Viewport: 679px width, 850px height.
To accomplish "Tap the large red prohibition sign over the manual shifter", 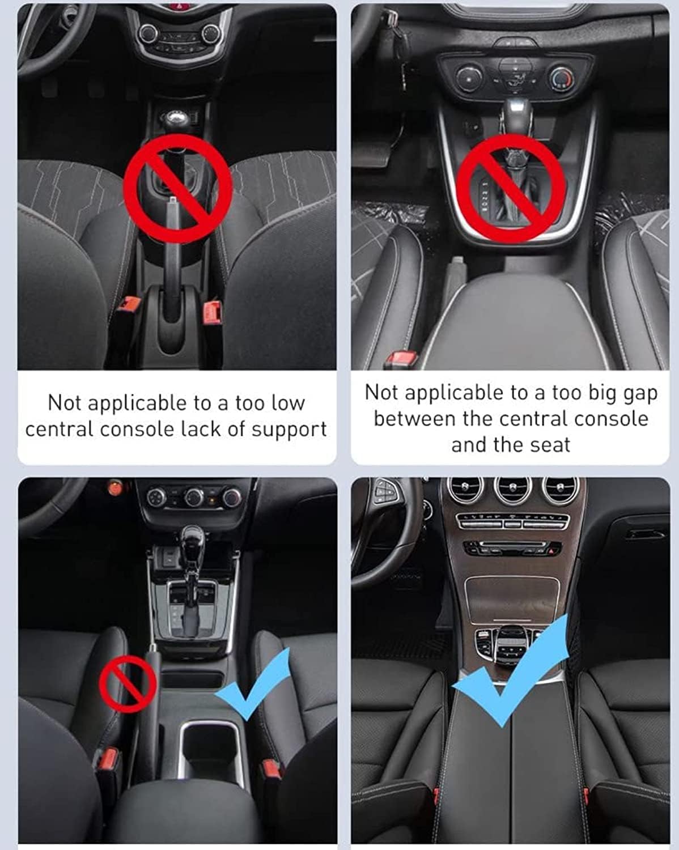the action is (x=177, y=188).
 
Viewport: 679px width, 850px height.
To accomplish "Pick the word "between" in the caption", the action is (x=415, y=419).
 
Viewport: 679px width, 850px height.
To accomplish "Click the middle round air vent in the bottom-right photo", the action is (x=512, y=490).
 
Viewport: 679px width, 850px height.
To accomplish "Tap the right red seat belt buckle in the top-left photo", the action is (x=212, y=312).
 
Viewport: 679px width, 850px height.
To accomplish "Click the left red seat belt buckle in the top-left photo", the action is (x=130, y=304).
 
